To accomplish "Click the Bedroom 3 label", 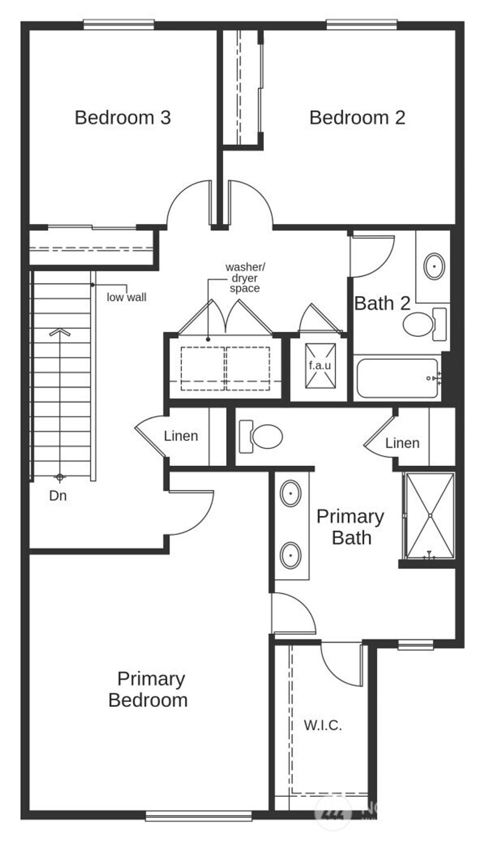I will click(123, 118).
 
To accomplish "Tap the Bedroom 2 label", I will click(357, 118).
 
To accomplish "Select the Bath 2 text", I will click(382, 303).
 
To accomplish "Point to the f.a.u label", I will click(320, 365).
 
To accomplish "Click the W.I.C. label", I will click(323, 726).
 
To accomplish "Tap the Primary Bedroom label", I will click(149, 689).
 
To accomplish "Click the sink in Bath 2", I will click(434, 266).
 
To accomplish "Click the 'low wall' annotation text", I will click(126, 297).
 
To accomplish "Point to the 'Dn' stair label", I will click(58, 496).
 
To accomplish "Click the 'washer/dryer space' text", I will click(245, 278).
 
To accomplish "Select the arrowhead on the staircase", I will click(60, 333).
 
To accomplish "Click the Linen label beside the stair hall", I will click(181, 436).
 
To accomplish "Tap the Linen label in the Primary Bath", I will click(402, 443).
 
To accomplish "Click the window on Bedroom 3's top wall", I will click(119, 24).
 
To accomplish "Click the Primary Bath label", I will click(350, 527).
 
